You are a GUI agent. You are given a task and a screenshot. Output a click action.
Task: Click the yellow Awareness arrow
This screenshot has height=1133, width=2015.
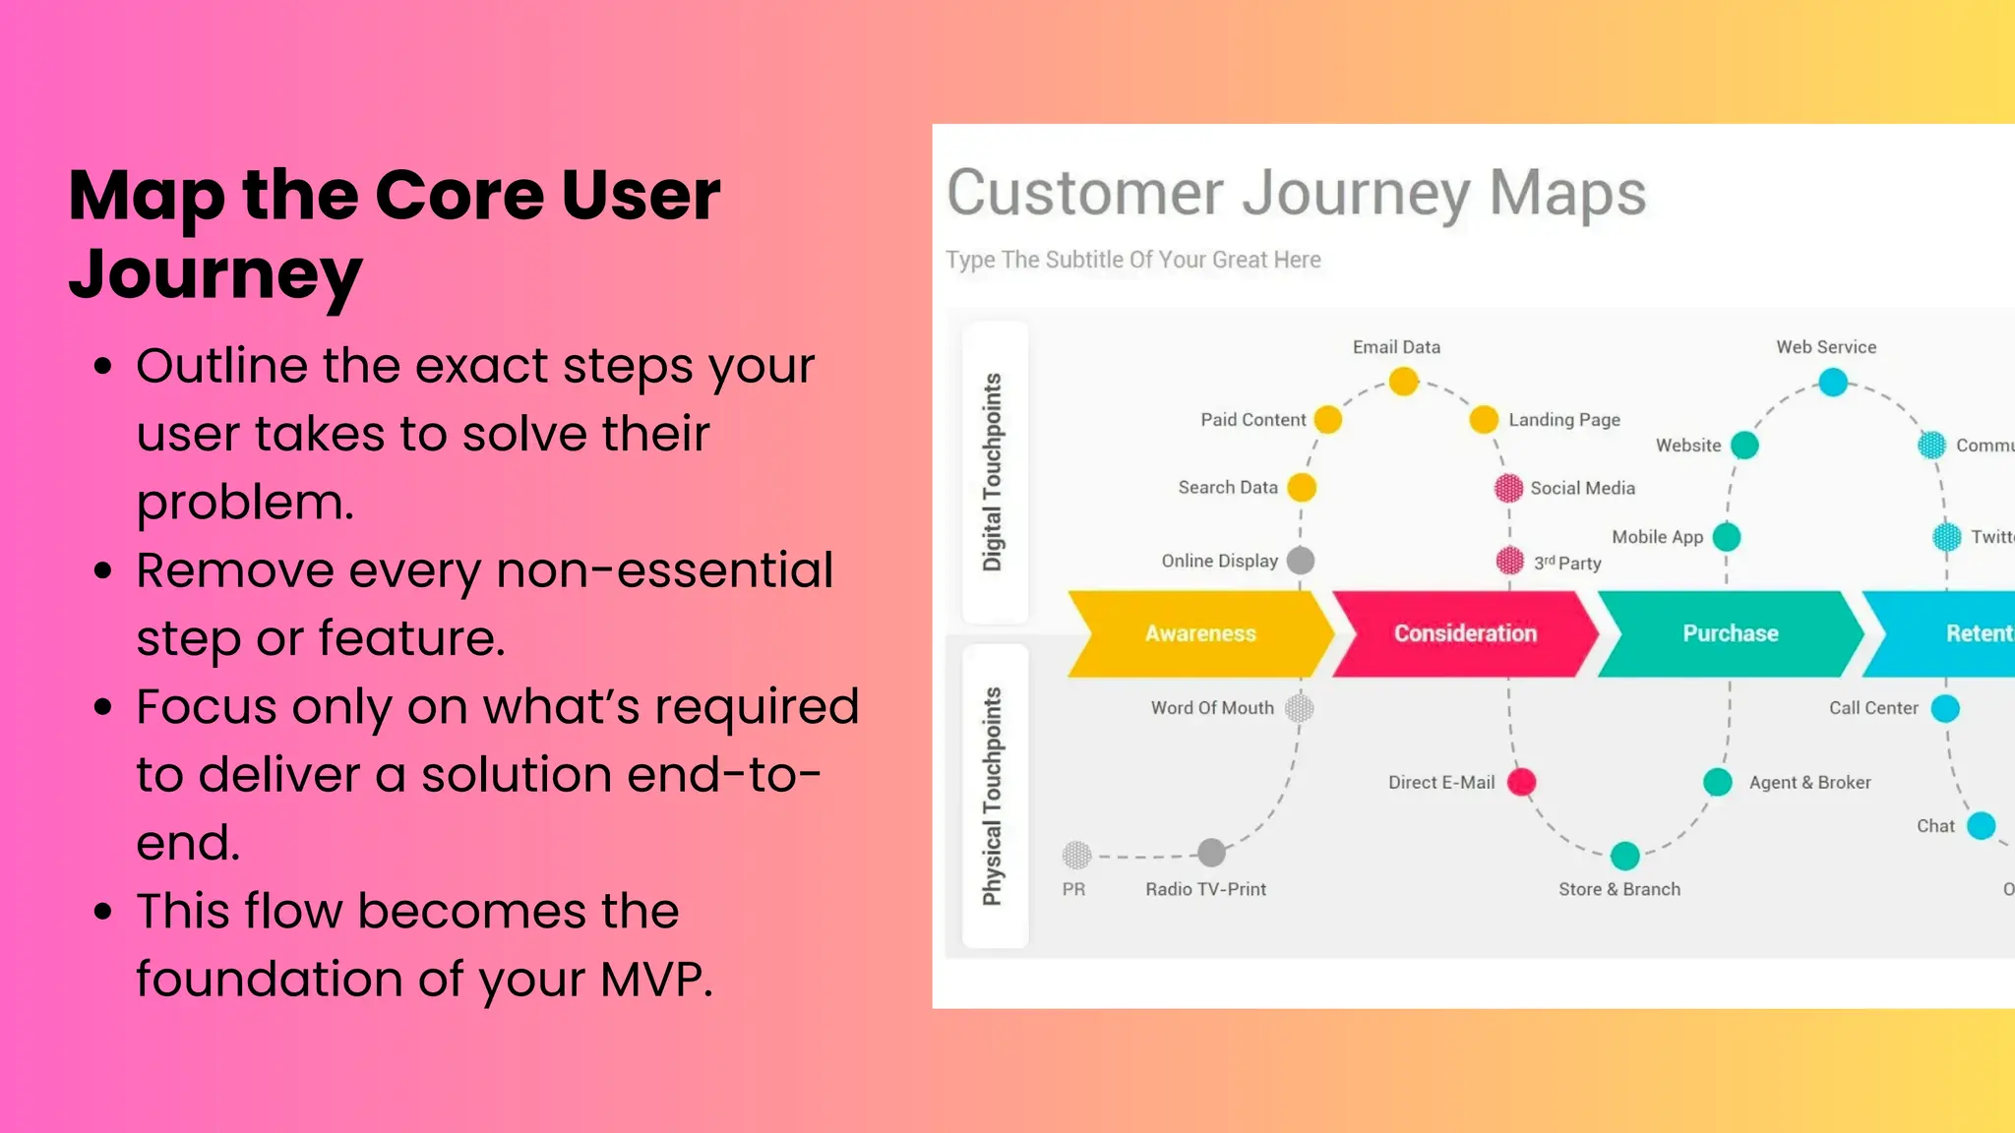1200,633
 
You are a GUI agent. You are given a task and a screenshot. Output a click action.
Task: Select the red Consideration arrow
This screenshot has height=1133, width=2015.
1465,633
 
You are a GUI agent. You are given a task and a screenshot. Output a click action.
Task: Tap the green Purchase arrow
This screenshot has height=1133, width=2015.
1730,633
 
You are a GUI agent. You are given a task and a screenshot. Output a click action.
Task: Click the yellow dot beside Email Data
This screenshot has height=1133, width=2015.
1404,381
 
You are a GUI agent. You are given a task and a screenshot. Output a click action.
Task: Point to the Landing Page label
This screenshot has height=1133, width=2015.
1563,420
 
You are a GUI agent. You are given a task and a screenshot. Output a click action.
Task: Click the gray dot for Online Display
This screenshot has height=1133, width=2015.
1301,561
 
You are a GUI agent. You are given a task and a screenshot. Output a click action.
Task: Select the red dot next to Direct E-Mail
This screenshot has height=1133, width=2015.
1521,782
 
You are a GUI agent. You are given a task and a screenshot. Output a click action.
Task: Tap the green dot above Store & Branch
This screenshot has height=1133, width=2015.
1624,856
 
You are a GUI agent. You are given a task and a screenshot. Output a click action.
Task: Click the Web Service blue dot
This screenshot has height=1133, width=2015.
1832,382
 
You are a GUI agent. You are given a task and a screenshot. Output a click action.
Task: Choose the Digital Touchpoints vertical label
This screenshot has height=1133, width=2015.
993,472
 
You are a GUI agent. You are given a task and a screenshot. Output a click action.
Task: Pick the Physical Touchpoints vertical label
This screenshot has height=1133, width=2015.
993,797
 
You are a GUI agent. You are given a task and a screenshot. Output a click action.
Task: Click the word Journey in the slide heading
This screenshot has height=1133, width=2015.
215,274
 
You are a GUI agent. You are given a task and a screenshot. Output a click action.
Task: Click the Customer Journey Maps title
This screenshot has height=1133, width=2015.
1296,193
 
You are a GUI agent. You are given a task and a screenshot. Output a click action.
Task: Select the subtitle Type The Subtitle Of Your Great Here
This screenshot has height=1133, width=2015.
1132,260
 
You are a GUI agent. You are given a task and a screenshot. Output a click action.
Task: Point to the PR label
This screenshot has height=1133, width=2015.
1073,889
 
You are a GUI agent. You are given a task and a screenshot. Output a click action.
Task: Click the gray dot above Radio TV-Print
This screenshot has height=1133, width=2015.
1211,853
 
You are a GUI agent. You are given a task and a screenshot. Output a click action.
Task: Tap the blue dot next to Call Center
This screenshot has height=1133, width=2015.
1945,708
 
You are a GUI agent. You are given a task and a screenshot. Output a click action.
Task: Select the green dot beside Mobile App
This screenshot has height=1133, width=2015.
1726,537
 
